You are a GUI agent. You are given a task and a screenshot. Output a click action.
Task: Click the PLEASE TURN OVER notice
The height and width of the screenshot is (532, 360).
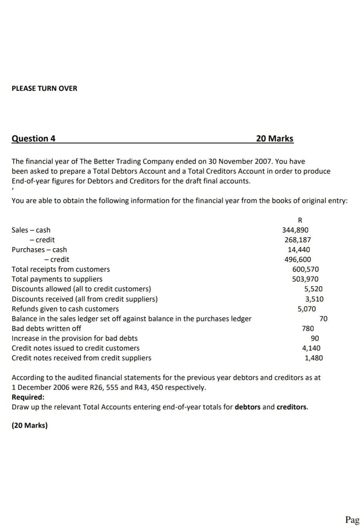pos(44,88)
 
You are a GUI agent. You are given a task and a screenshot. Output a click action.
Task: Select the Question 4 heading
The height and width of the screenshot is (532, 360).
pos(33,138)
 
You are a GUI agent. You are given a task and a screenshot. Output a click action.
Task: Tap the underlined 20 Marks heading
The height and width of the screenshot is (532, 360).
pos(274,138)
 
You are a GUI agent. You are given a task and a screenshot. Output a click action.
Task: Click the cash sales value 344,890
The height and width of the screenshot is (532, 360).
pos(295,230)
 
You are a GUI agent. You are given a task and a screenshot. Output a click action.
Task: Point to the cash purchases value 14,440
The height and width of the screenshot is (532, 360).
pos(298,250)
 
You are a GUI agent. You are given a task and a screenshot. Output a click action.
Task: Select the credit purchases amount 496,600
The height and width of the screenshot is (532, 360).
pos(298,260)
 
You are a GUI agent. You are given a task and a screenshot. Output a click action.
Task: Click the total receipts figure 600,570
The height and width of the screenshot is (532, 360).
pos(305,269)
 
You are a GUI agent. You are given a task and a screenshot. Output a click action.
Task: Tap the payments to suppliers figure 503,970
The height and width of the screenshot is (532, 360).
pos(305,279)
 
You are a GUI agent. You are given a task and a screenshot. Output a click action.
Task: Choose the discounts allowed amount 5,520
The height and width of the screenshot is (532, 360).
pos(313,289)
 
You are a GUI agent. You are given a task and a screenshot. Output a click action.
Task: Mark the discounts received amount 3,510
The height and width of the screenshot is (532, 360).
pos(314,299)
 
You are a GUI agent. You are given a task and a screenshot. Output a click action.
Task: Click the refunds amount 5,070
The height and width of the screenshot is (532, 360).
pos(306,309)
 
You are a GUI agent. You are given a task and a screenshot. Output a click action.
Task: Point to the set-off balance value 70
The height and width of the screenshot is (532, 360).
pos(323,319)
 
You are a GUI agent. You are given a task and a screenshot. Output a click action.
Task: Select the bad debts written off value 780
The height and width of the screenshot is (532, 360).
pos(307,329)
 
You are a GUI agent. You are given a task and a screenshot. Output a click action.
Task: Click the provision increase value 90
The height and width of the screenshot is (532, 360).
pos(315,338)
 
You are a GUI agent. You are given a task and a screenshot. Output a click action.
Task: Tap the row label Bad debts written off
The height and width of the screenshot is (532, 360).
pos(46,329)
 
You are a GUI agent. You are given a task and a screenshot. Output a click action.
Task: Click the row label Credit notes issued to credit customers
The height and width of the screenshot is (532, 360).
pos(75,348)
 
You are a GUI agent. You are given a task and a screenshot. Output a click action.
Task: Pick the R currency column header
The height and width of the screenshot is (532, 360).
pos(301,220)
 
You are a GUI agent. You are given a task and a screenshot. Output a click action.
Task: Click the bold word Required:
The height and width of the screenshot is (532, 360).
pos(28,397)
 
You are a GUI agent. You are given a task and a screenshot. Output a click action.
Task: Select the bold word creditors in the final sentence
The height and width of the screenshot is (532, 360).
pos(292,407)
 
